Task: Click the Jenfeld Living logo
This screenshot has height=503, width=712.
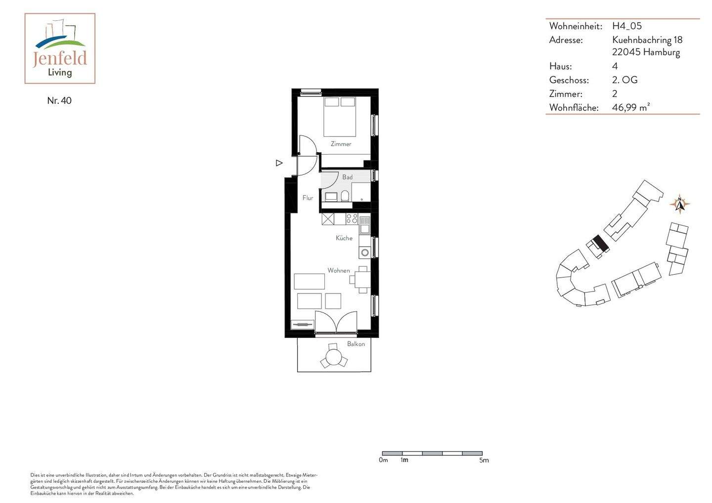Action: [x=60, y=48]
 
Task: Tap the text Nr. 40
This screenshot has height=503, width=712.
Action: [x=59, y=101]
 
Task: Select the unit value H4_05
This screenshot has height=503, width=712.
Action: [x=626, y=26]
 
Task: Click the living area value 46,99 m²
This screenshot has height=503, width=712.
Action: [x=630, y=107]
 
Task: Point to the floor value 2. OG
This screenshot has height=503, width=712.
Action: [x=624, y=80]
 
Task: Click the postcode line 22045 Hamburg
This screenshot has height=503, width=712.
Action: [x=646, y=52]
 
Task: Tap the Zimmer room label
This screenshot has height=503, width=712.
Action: [x=341, y=144]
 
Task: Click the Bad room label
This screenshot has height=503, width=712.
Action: [x=348, y=177]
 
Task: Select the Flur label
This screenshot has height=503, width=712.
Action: [x=308, y=198]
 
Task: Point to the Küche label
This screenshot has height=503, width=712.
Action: [x=344, y=238]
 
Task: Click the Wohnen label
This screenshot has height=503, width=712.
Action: [x=339, y=270]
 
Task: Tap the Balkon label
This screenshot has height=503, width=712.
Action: [x=356, y=344]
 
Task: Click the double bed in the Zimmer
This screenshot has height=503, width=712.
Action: [x=340, y=117]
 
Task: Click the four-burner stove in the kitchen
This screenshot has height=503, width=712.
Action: [x=352, y=219]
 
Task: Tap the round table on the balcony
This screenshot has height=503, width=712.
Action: [x=333, y=356]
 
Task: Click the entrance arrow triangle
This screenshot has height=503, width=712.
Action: [x=279, y=163]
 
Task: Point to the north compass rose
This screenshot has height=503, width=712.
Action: [x=680, y=204]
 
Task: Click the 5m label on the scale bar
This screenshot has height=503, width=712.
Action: [x=484, y=461]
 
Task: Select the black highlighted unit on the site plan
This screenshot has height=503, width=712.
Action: [x=600, y=242]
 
